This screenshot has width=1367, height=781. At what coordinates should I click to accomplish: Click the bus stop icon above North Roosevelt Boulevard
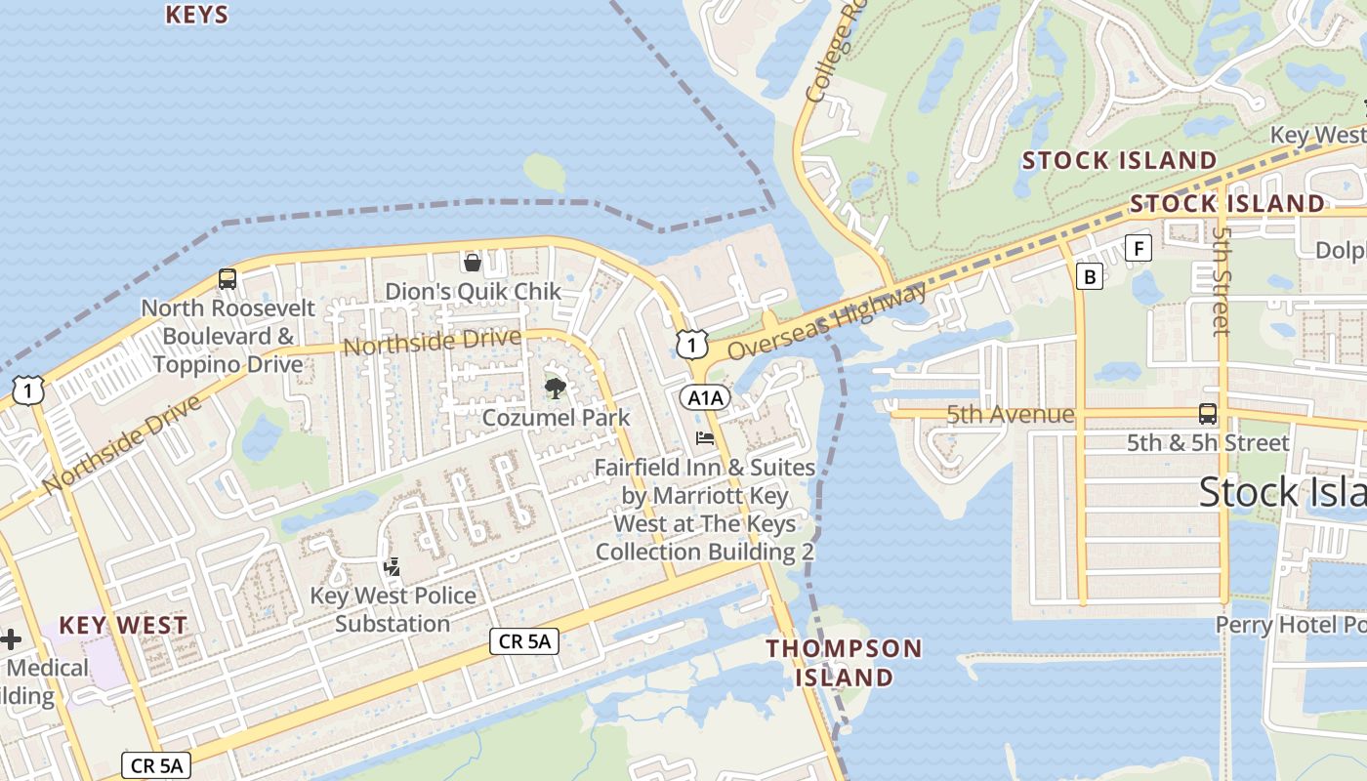(228, 279)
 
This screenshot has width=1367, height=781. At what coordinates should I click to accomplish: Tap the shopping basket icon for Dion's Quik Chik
(473, 262)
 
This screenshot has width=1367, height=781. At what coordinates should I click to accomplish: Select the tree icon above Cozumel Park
(555, 389)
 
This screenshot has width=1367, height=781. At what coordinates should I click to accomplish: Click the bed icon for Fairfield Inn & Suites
(705, 438)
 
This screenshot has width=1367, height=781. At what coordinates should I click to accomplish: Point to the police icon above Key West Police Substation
(393, 566)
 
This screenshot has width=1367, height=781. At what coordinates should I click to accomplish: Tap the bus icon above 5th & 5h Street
(1208, 413)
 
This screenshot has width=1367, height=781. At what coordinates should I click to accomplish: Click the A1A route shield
(705, 397)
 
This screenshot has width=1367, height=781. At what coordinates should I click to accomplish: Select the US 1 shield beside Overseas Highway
(691, 344)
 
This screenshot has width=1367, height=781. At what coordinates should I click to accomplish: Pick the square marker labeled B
(1090, 276)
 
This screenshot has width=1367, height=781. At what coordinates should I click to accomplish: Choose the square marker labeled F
(1138, 248)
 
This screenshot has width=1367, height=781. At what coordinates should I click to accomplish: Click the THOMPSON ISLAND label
(844, 662)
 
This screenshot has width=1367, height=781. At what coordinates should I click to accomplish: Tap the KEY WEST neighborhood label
(123, 625)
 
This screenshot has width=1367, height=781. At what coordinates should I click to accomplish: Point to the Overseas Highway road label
(827, 321)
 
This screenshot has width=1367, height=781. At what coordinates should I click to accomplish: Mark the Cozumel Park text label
(556, 418)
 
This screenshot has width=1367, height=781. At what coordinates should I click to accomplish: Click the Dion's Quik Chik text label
(473, 291)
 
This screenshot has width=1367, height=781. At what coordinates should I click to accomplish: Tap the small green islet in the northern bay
(545, 172)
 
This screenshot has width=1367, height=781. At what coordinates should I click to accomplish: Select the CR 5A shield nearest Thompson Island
(523, 640)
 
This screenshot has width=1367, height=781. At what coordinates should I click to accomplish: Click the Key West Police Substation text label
(393, 609)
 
